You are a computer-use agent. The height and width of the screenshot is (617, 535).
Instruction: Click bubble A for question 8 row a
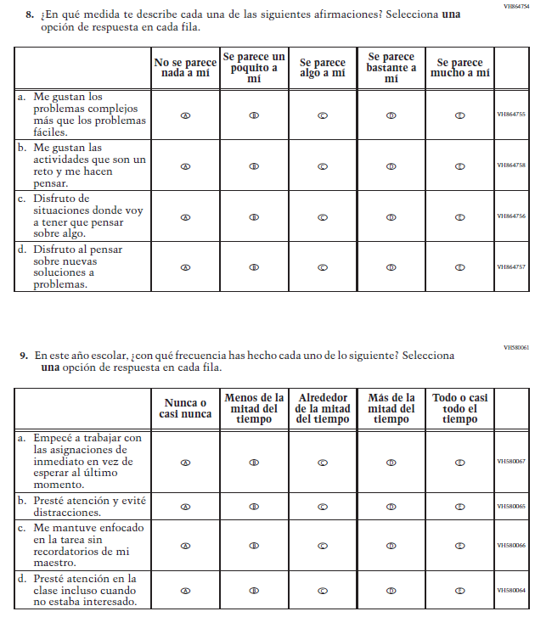click(x=185, y=115)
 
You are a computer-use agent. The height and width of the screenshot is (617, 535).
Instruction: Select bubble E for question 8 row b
click(x=459, y=165)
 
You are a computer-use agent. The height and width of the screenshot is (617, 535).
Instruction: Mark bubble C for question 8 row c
click(x=323, y=216)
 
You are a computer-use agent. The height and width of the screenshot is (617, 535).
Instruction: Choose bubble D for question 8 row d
click(x=391, y=266)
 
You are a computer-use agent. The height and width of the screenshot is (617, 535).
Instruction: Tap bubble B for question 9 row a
click(x=254, y=463)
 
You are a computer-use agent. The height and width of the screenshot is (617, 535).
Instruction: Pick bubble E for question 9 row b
click(x=459, y=507)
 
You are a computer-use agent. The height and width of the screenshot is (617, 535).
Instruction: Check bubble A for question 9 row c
click(x=185, y=545)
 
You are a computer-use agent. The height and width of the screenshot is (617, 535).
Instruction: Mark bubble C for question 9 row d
click(x=323, y=590)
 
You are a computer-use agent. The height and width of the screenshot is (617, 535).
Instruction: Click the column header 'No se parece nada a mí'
click(x=185, y=68)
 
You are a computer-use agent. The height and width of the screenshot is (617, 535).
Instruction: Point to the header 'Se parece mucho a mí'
click(x=459, y=68)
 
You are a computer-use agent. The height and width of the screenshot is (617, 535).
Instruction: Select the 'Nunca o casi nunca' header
click(x=185, y=408)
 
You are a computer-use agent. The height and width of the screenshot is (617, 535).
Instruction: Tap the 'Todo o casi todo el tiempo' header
click(x=459, y=408)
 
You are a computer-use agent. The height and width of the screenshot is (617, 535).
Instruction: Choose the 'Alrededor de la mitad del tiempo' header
click(x=323, y=408)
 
